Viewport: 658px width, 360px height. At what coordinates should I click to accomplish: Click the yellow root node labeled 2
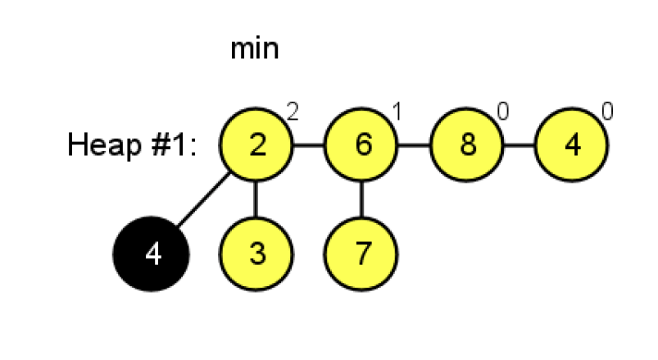coord(256,146)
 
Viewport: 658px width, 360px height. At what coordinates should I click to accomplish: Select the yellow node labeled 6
coord(361,146)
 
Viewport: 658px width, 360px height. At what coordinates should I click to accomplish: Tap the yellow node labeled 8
coord(467,146)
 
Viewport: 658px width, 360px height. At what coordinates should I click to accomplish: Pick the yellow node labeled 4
coord(572,146)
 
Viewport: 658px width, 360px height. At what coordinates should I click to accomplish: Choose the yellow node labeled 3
coord(256,253)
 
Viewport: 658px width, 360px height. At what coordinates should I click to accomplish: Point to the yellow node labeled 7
coord(361,253)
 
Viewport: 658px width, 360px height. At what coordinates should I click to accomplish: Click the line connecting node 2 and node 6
coord(309,146)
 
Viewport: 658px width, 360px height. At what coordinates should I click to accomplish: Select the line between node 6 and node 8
coord(414,146)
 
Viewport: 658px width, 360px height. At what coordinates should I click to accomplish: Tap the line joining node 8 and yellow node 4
coord(520,146)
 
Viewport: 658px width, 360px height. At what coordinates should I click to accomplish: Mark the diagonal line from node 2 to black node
coord(204,199)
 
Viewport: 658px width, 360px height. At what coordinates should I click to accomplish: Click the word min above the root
coord(254,49)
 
